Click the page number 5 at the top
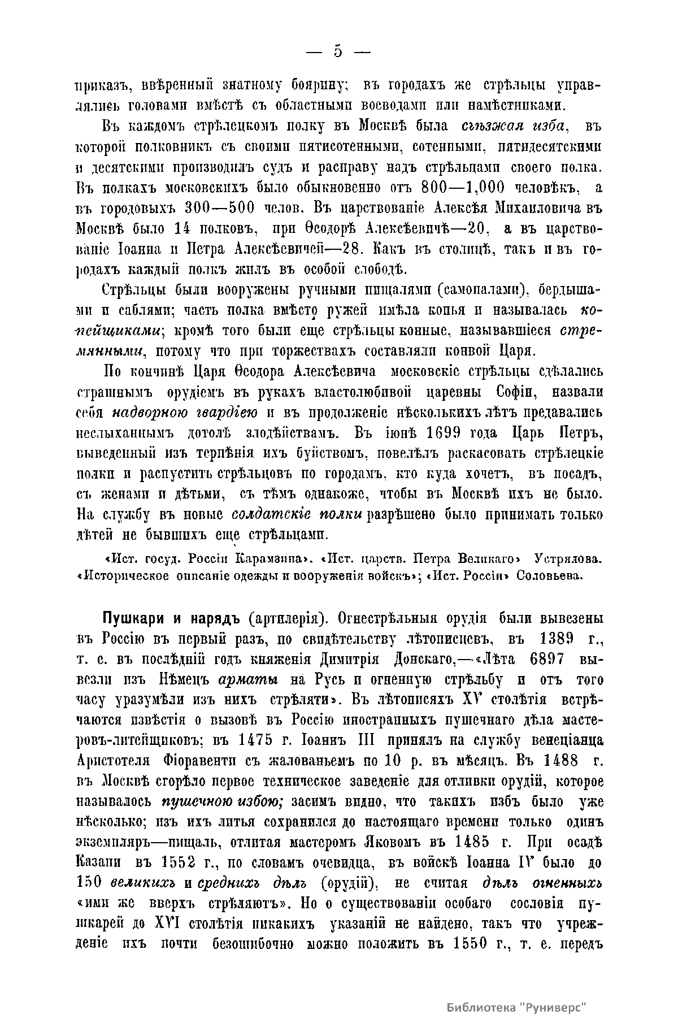338,51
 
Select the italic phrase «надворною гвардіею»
185,412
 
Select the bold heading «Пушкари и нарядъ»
172,618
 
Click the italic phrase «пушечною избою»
223,802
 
